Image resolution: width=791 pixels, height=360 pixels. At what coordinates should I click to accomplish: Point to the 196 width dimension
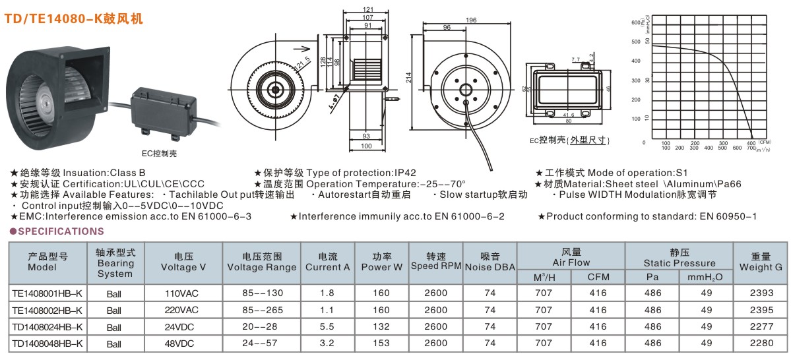(470, 20)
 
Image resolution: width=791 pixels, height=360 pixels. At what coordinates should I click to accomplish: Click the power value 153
(381, 343)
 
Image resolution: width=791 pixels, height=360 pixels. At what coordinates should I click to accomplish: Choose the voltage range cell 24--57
(262, 343)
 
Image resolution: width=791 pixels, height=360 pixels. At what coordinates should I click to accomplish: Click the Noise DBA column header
(490, 262)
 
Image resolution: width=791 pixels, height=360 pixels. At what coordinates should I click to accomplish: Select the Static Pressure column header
(680, 258)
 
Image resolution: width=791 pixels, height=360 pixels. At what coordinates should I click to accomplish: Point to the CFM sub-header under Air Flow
(598, 277)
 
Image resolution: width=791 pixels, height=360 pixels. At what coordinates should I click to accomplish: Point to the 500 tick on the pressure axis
(636, 42)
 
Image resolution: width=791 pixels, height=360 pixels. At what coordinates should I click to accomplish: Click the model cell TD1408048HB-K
(47, 343)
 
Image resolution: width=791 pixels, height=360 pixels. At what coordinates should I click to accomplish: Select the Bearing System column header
(115, 262)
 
